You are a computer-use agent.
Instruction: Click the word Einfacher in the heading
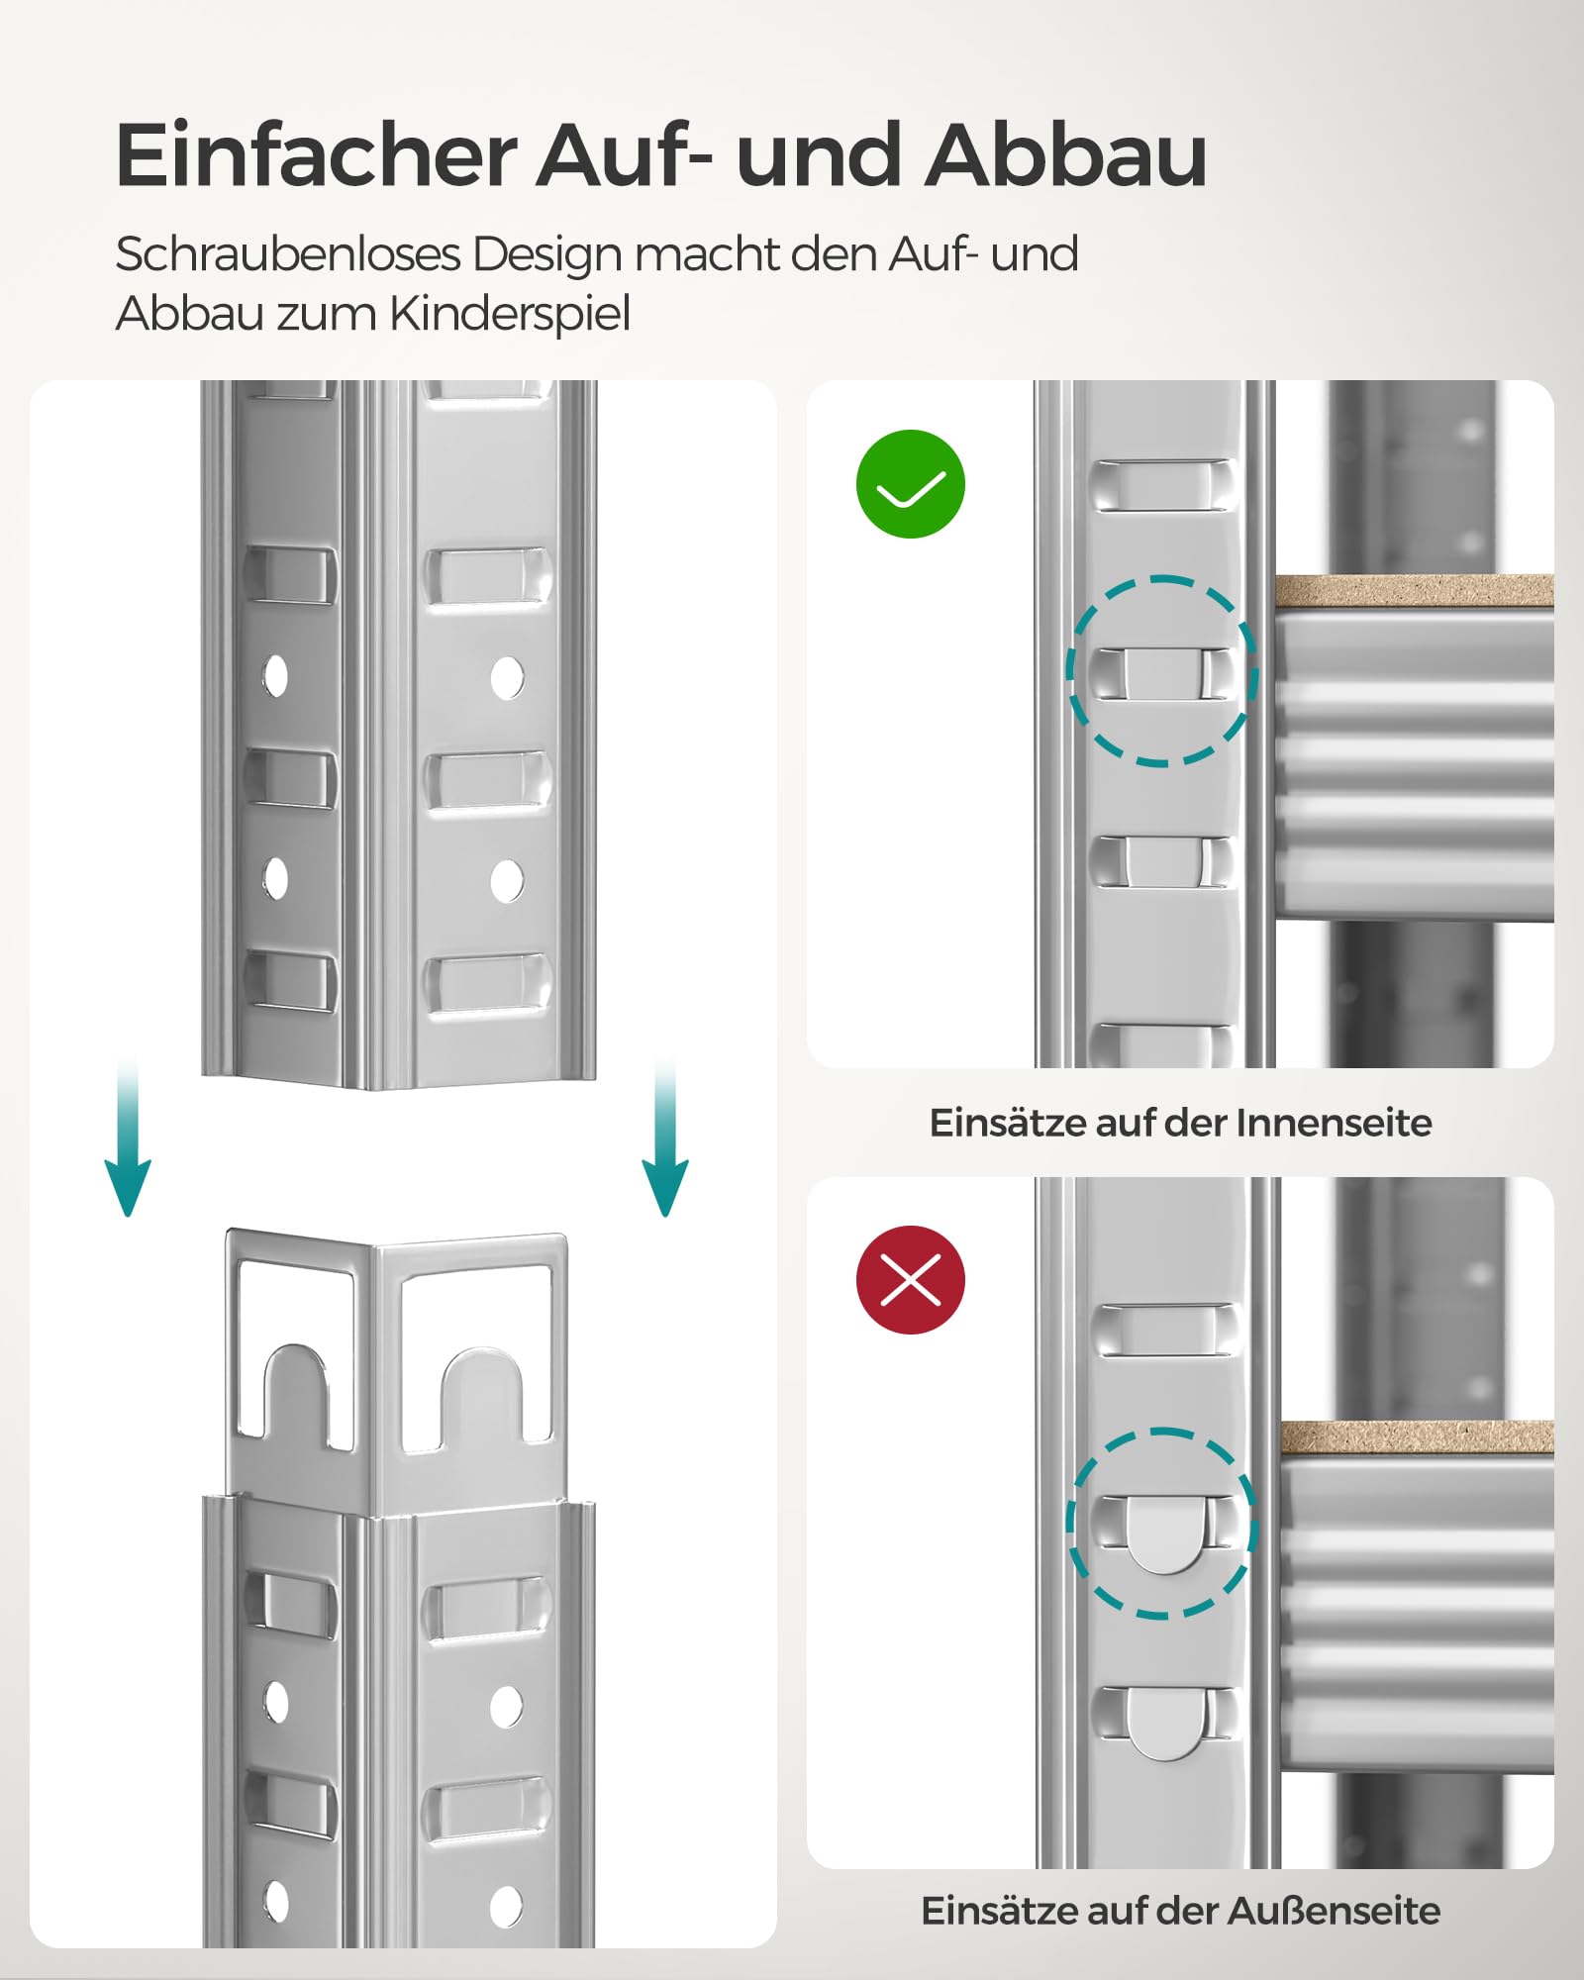pyautogui.click(x=317, y=155)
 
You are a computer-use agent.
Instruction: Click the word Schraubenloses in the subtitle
pyautogui.click(x=288, y=254)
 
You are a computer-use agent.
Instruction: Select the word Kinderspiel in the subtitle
pyautogui.click(x=510, y=315)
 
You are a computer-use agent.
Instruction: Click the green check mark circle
pyautogui.click(x=910, y=484)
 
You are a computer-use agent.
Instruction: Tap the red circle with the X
pyautogui.click(x=910, y=1280)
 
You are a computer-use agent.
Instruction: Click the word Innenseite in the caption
pyautogui.click(x=1334, y=1123)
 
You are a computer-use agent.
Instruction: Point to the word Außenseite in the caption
pyautogui.click(x=1334, y=1911)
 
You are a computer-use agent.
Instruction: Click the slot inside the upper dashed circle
pyautogui.click(x=1162, y=673)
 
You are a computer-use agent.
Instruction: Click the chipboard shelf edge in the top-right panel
pyautogui.click(x=1414, y=591)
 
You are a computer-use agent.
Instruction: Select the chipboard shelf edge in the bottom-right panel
pyautogui.click(x=1417, y=1437)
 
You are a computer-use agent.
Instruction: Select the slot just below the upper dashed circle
pyautogui.click(x=1162, y=861)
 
